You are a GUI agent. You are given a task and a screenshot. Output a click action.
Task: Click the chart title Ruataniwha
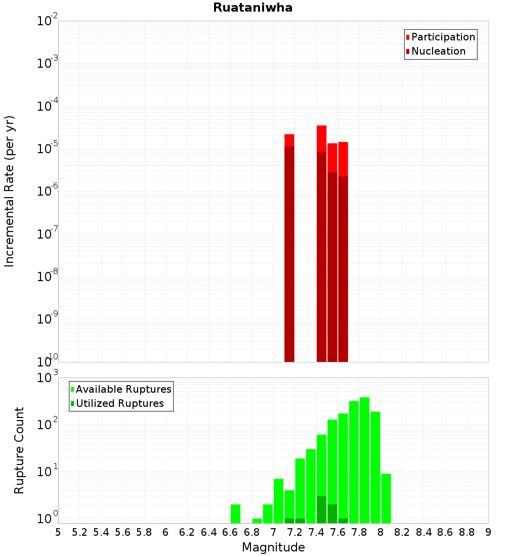(252, 8)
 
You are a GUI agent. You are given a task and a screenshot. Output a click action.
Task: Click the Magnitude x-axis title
(273, 547)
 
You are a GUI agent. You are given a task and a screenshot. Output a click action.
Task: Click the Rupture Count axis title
(19, 450)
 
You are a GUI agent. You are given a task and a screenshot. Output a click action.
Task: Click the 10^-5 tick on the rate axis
(47, 149)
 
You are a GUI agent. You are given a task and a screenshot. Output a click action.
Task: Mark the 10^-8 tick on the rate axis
(47, 276)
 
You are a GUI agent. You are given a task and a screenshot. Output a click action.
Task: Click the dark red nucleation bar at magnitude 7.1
(289, 253)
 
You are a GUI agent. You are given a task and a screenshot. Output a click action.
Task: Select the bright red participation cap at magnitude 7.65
(343, 159)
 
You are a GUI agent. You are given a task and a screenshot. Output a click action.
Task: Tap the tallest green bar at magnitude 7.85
(364, 455)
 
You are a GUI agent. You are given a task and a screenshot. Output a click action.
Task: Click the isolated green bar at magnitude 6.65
(235, 514)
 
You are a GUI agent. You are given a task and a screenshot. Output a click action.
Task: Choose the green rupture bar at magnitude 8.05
(386, 498)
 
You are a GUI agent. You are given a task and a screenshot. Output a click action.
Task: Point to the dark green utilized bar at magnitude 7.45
(322, 509)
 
